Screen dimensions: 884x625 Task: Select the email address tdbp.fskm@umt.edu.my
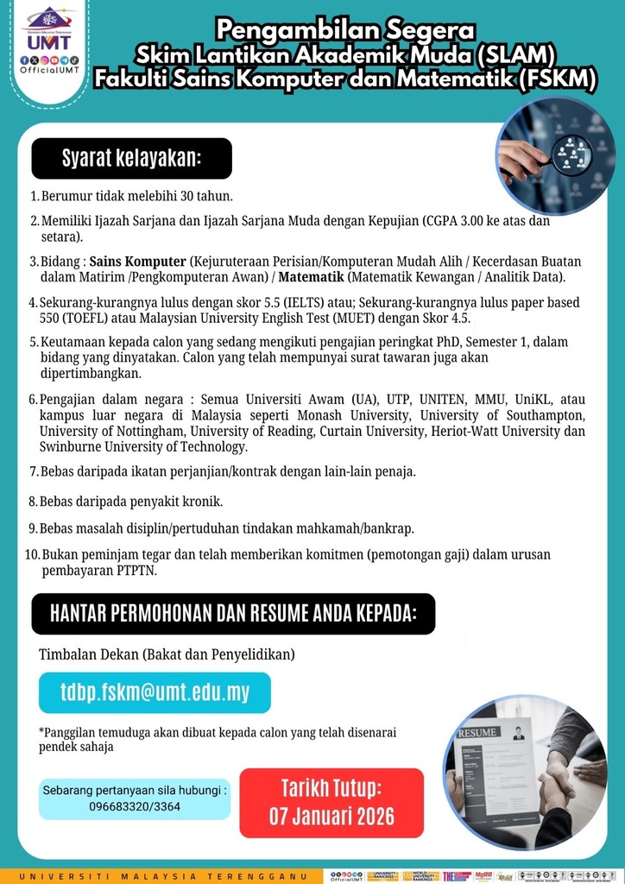pyautogui.click(x=155, y=692)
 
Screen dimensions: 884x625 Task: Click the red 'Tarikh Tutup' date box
pyautogui.click(x=331, y=803)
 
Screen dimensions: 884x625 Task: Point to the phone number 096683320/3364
pyautogui.click(x=135, y=806)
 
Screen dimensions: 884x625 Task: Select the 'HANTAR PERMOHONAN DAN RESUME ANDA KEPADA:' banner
pyautogui.click(x=233, y=614)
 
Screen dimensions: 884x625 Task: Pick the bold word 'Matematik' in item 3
pyautogui.click(x=312, y=276)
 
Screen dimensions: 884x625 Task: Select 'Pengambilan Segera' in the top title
pyautogui.click(x=345, y=30)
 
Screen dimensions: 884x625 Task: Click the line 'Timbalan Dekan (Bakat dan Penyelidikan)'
pyautogui.click(x=167, y=655)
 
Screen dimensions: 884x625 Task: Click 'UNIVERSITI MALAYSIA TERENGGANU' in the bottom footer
pyautogui.click(x=165, y=875)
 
